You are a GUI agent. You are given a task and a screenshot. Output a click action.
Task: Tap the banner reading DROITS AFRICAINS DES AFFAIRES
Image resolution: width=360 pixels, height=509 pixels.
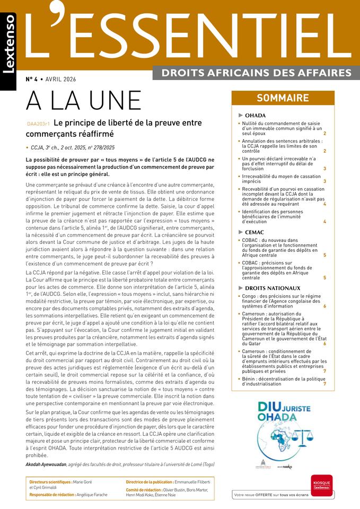point(256,72)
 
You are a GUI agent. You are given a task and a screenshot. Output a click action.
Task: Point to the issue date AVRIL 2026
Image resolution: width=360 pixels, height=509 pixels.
point(60,80)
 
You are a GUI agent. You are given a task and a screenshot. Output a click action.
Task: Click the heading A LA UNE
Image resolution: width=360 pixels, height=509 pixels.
point(84,100)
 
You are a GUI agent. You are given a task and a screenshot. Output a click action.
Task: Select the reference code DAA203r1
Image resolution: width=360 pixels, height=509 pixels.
point(38,124)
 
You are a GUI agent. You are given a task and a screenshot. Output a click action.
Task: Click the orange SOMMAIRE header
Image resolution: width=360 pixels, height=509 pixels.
point(283,98)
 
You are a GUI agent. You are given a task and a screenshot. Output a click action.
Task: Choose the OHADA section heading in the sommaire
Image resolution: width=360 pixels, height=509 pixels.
point(255,115)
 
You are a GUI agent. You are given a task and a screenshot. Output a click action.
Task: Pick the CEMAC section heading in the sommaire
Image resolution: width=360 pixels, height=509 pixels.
point(254,232)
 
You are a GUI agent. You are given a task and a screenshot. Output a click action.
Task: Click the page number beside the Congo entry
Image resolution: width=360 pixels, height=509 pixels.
point(324,306)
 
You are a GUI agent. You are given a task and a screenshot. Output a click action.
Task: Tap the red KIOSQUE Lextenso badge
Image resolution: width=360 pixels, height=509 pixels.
point(321,485)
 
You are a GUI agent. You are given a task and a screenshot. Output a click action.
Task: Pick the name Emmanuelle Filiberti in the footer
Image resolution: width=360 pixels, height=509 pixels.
point(191,482)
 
